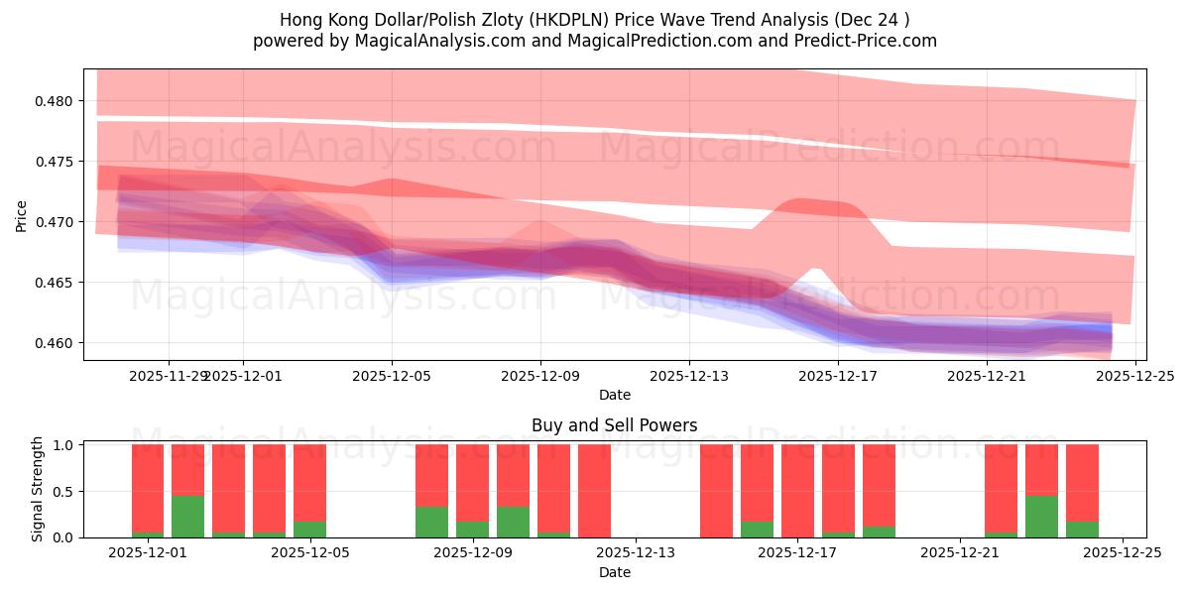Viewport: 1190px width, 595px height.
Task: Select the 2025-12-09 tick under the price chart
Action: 540,377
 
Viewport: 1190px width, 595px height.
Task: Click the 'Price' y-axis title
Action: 22,215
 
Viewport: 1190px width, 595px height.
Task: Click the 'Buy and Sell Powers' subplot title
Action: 614,425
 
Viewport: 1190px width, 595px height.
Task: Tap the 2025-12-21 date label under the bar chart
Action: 961,553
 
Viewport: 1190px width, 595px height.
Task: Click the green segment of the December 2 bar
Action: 188,517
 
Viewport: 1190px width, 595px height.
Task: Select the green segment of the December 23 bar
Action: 1041,517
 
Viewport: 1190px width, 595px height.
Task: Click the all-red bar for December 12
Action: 594,491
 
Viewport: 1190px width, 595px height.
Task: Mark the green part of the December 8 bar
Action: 431,523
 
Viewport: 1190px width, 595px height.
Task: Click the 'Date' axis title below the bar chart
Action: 614,572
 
